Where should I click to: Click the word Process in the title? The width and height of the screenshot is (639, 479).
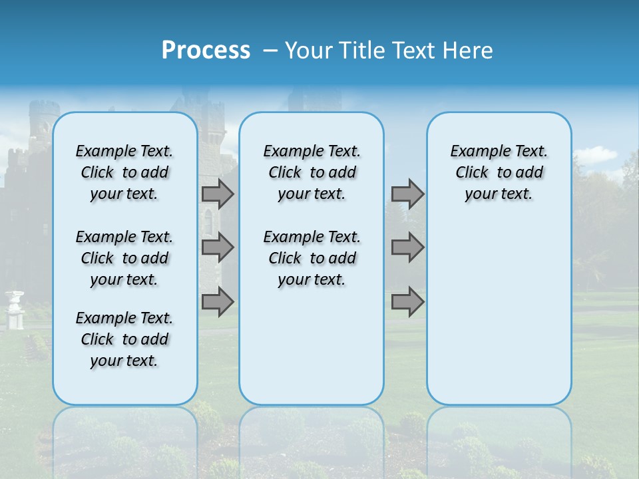(x=206, y=51)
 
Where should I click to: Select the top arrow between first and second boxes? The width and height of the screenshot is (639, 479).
(x=218, y=194)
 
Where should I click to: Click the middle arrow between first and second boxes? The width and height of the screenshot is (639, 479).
(x=218, y=247)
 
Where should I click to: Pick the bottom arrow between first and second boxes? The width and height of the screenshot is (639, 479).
(x=218, y=302)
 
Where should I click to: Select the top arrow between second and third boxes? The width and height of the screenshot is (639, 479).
(x=407, y=194)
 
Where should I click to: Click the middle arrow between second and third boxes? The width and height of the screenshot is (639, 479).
(x=407, y=247)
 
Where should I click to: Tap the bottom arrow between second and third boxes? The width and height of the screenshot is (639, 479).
(x=407, y=302)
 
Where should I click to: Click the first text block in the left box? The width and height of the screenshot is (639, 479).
(x=124, y=172)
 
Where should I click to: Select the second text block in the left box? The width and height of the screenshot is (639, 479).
(x=124, y=258)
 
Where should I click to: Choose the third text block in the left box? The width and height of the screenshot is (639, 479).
(x=124, y=339)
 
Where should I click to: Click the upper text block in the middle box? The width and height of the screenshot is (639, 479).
(x=312, y=172)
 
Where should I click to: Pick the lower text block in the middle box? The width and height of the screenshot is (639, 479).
(x=312, y=258)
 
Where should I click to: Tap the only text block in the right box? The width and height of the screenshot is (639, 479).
(x=499, y=172)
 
